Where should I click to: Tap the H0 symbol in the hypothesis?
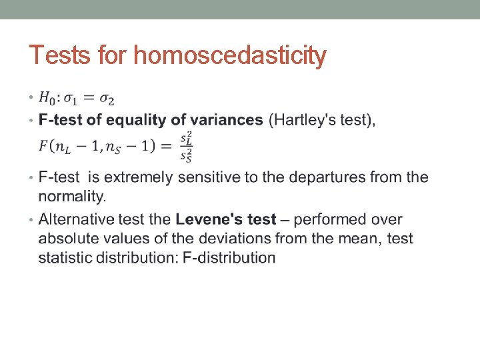point(47,99)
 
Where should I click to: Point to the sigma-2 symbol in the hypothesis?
point(107,100)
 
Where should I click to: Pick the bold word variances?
point(226,121)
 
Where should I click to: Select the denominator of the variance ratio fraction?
point(187,155)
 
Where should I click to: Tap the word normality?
point(72,197)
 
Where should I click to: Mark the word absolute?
point(69,239)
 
